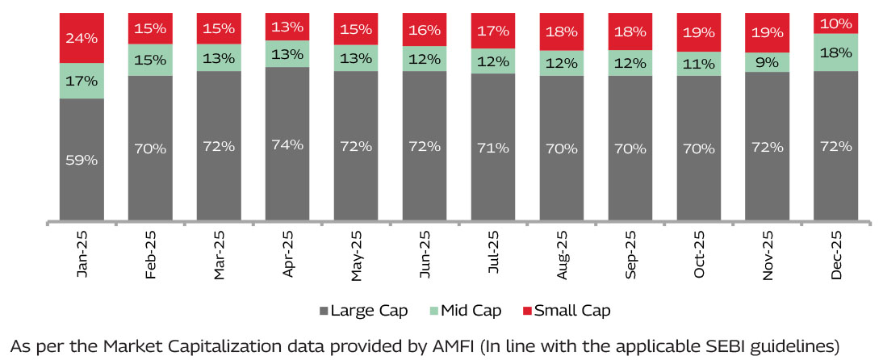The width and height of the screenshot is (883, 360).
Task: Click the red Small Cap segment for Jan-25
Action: click(x=82, y=37)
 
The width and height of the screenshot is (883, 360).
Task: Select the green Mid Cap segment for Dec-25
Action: click(x=836, y=52)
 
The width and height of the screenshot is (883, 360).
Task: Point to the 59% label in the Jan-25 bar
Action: click(x=82, y=160)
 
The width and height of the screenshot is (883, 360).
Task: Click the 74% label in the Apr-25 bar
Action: click(x=287, y=145)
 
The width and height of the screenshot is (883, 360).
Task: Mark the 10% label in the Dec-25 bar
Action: click(x=836, y=23)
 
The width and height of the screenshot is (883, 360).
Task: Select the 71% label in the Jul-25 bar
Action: click(x=493, y=148)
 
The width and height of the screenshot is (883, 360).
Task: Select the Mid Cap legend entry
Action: click(x=469, y=311)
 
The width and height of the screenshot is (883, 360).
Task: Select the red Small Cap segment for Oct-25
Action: click(x=699, y=32)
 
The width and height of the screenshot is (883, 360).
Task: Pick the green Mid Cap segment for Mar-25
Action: click(x=219, y=57)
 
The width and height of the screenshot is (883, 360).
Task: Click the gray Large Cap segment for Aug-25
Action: click(x=562, y=149)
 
